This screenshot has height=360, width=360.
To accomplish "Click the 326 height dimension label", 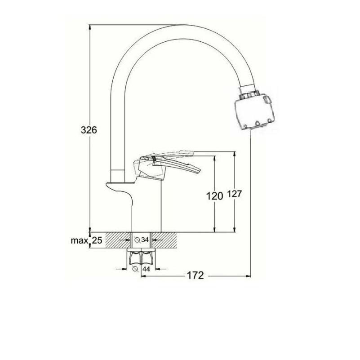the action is (x=89, y=130).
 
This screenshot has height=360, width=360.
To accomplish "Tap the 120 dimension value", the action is (x=215, y=196).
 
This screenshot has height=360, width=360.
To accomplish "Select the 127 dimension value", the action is (x=235, y=194).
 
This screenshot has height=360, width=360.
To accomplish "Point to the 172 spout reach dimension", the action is (x=196, y=276).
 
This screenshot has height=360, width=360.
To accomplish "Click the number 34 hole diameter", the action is (x=145, y=240).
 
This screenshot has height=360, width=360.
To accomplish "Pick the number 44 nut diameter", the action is (x=146, y=269).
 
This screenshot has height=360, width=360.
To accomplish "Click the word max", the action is (x=80, y=241).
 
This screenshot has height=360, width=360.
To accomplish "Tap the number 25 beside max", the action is (x=97, y=240).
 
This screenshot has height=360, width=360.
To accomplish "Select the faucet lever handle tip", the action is (x=199, y=171).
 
